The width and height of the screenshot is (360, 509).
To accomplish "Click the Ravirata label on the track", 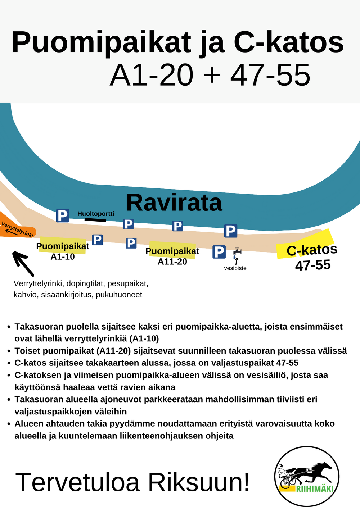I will click(174, 203).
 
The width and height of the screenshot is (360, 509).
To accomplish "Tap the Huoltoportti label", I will click(96, 214).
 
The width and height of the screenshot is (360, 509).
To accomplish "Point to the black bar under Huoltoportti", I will click(95, 219).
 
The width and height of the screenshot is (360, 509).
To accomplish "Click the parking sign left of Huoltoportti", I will click(62, 216).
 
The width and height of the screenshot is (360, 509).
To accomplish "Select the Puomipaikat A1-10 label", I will click(63, 251).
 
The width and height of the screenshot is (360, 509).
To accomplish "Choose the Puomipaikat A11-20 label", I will click(172, 256).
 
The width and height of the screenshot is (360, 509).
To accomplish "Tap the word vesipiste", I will click(235, 268).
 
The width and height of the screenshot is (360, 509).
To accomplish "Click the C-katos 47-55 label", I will click(312, 257).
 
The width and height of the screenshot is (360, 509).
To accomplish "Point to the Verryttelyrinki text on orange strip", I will click(17, 229).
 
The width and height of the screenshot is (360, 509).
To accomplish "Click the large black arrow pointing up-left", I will click(23, 263).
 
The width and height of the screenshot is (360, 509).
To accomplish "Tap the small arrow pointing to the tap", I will click(237, 261).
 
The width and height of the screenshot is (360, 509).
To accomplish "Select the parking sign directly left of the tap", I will click(219, 252).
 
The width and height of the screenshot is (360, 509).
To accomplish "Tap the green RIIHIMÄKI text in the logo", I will click(314, 489).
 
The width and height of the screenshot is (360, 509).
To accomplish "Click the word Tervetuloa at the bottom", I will click(77, 482).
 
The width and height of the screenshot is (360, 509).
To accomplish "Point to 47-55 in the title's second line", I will click(270, 75).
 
